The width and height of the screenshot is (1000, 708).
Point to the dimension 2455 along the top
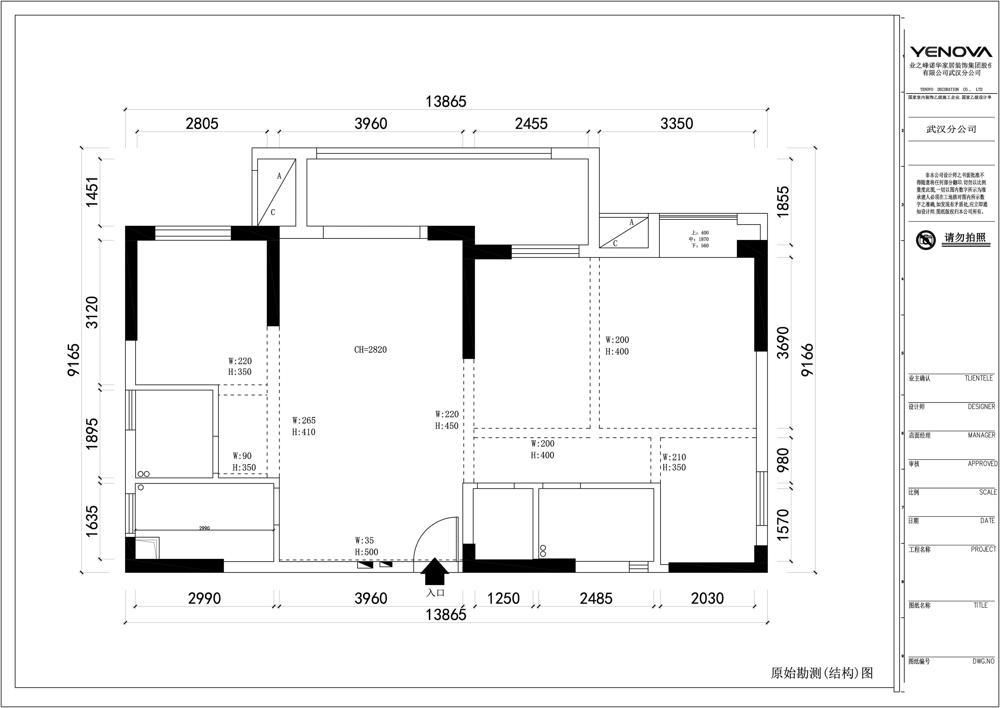[x=531, y=124]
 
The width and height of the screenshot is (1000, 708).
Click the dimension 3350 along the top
[x=677, y=124]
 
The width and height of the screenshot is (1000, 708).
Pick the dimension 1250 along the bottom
[x=503, y=599]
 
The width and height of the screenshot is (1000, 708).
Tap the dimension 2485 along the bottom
[x=596, y=599]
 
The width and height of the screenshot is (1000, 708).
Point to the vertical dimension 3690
[x=783, y=343]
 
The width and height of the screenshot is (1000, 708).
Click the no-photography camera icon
[x=926, y=240]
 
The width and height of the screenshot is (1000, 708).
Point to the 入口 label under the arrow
[x=435, y=593]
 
